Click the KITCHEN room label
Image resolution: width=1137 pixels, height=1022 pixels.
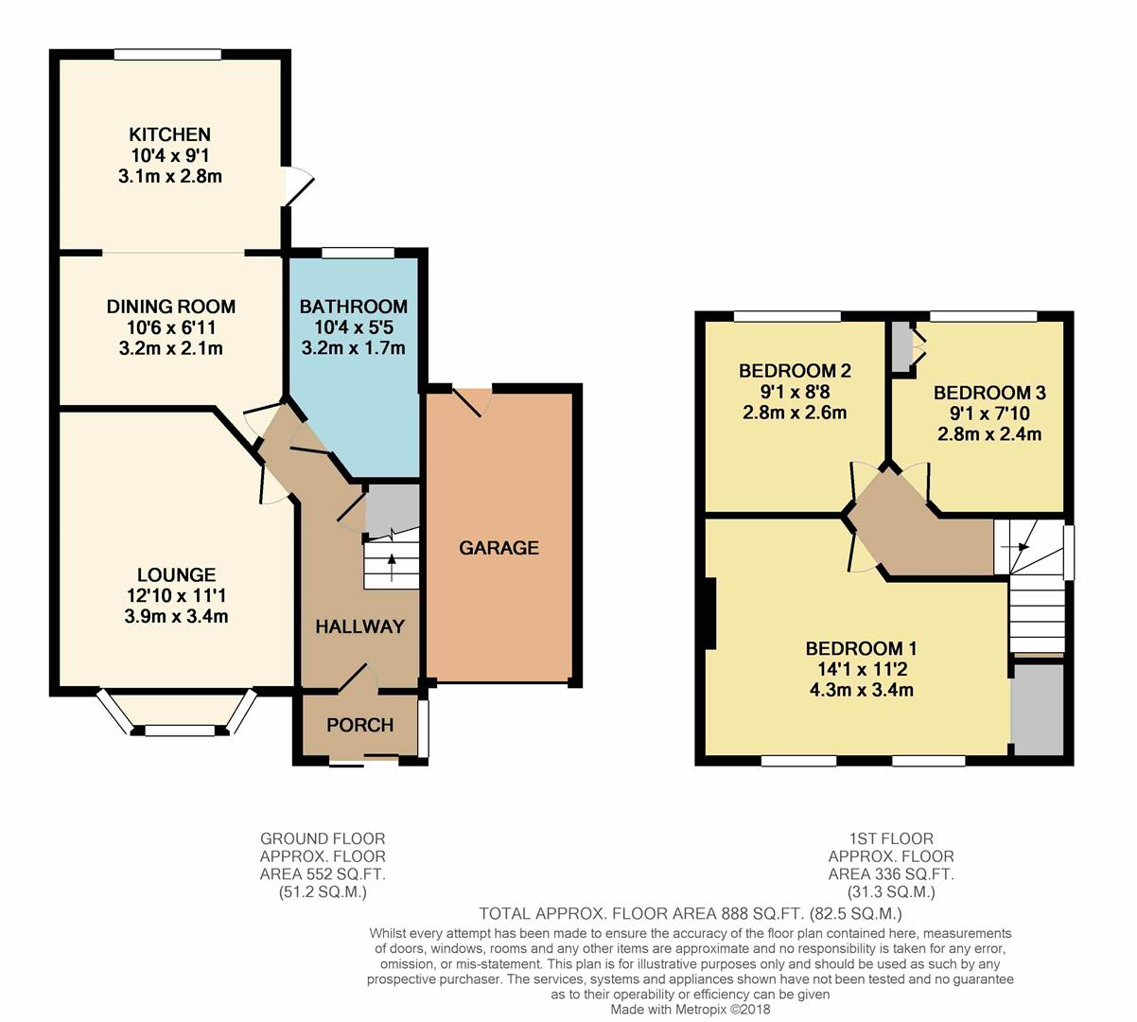[x=170, y=134]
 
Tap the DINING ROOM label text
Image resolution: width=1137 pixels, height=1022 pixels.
[x=170, y=307]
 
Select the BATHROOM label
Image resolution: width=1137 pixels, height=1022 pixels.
[x=353, y=307]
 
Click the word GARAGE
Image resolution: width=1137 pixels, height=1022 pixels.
[x=499, y=548]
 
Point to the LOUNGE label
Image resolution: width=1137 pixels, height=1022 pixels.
[x=176, y=574]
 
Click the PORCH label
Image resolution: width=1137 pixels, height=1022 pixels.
[x=359, y=726]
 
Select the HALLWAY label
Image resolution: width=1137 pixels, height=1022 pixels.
[x=359, y=626]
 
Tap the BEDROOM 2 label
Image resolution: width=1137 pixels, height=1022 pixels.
[x=795, y=371]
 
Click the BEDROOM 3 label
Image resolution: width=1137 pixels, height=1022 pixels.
[x=989, y=393]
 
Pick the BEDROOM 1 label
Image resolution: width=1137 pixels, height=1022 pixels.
[x=861, y=649]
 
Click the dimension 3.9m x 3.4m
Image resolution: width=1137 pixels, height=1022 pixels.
[x=176, y=617]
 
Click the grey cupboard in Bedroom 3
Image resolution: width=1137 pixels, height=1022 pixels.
[x=901, y=347]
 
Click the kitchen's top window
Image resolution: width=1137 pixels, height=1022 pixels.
[x=167, y=55]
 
